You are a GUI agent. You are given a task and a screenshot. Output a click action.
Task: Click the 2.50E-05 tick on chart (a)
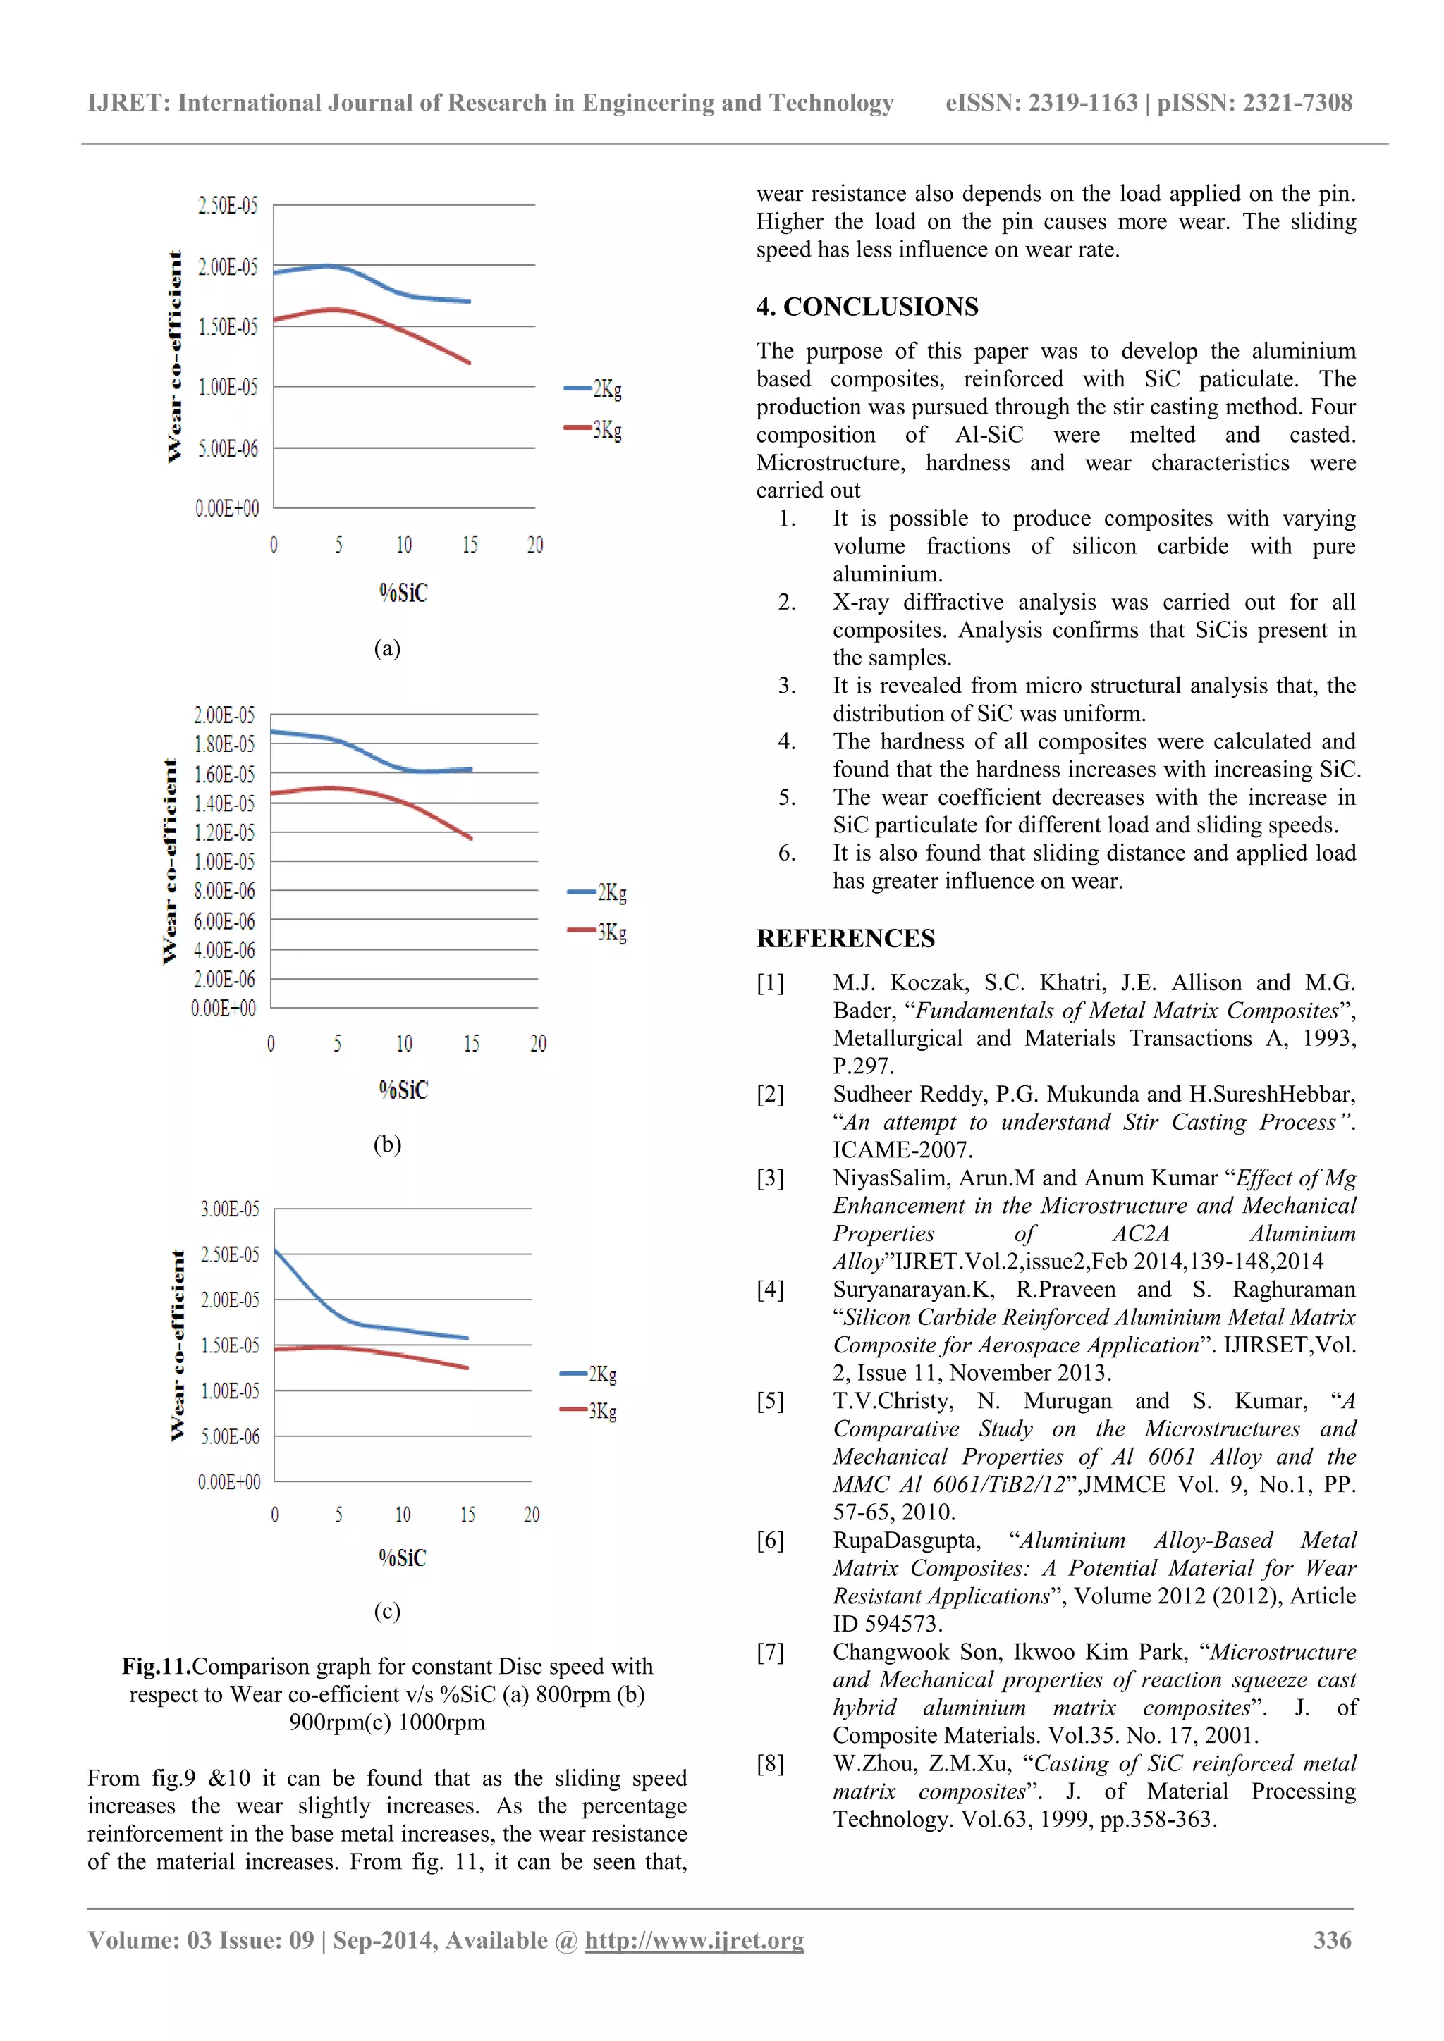(x=228, y=206)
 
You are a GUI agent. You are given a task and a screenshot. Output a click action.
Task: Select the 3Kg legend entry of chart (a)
(x=594, y=429)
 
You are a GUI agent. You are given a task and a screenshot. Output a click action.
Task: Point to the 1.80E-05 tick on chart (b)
(x=224, y=744)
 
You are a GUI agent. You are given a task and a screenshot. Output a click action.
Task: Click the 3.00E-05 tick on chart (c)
(x=229, y=1209)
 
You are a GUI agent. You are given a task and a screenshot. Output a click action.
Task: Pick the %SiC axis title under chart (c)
(x=402, y=1558)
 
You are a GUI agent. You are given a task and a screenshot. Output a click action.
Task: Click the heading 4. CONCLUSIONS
(x=867, y=307)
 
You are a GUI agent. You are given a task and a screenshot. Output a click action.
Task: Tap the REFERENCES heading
(x=845, y=939)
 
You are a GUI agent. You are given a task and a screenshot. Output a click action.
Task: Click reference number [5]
(x=770, y=1402)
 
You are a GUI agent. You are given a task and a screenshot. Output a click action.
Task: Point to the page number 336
(x=1332, y=1940)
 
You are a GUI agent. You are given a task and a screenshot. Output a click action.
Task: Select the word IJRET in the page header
(x=128, y=103)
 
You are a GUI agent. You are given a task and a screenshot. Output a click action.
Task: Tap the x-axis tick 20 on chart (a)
(x=534, y=545)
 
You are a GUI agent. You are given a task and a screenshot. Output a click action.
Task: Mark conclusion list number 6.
(x=787, y=853)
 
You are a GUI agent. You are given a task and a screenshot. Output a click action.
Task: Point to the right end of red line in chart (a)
(x=469, y=363)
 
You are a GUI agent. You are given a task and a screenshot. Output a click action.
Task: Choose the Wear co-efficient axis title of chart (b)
(x=170, y=861)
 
